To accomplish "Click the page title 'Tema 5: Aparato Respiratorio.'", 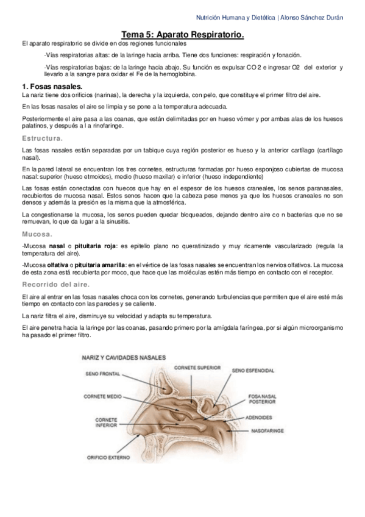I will point(182,35).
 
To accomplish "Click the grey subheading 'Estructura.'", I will point(41,139).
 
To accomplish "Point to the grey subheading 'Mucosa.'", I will point(36,234).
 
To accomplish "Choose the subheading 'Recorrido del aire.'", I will point(55,284).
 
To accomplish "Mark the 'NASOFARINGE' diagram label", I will point(266,431).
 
